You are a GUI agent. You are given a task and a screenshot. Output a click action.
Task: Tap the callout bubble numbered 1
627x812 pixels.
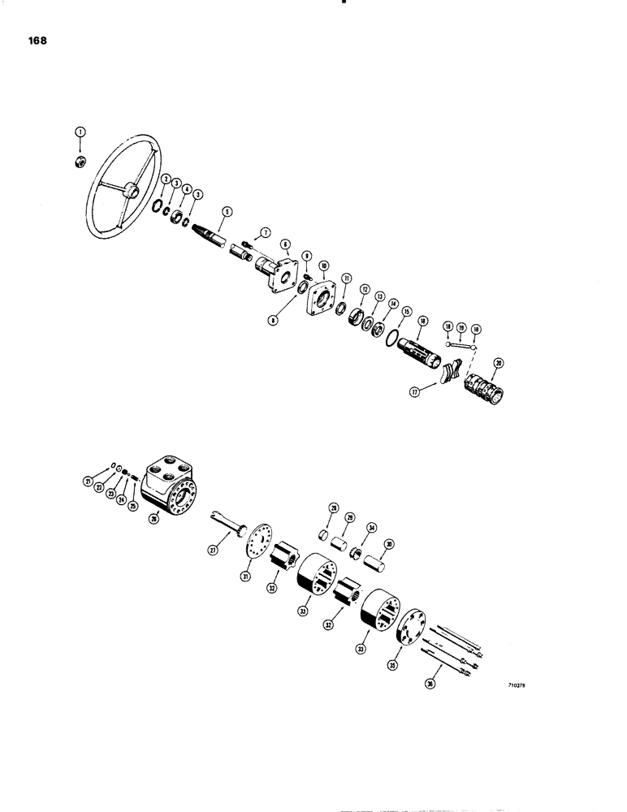80,132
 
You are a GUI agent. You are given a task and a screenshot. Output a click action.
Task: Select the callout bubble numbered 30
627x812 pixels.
389,544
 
